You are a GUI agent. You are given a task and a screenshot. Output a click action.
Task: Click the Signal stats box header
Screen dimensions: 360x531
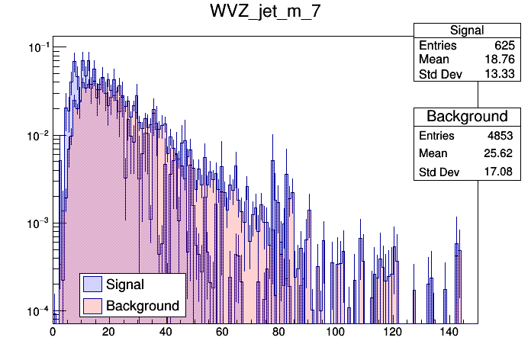pyautogui.click(x=466, y=31)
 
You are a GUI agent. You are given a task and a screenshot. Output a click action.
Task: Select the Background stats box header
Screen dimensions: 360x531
pyautogui.click(x=466, y=116)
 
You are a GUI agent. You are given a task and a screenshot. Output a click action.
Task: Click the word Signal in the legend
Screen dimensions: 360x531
pyautogui.click(x=125, y=284)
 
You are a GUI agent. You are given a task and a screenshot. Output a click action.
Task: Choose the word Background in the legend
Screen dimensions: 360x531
pyautogui.click(x=143, y=306)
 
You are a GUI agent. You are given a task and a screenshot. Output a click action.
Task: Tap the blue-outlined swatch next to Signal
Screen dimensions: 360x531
pyautogui.click(x=92, y=284)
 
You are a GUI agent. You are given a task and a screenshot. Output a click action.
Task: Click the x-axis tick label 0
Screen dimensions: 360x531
pyautogui.click(x=53, y=333)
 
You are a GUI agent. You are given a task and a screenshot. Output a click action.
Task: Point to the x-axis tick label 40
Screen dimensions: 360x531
pyautogui.click(x=166, y=333)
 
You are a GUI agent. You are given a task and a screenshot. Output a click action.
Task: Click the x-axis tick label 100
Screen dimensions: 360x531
pyautogui.click(x=336, y=333)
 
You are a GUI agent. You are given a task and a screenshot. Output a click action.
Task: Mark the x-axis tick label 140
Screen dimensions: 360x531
pyautogui.click(x=449, y=333)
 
